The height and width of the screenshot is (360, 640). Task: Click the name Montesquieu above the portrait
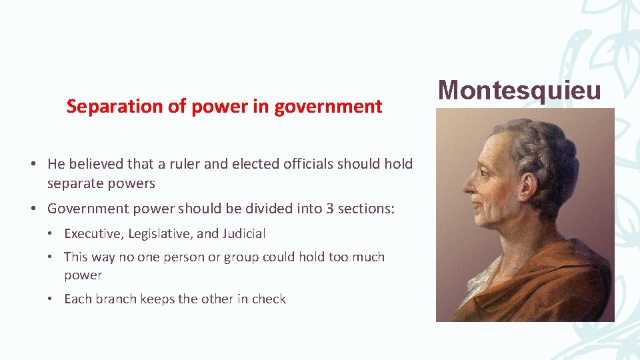pos(519,90)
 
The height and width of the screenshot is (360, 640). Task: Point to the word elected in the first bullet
pos(253,164)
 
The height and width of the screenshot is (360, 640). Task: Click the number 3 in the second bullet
pos(329,209)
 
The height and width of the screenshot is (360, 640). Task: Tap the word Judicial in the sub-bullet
pos(243,234)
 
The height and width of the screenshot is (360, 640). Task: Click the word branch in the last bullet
pos(113,299)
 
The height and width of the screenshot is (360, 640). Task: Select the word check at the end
pos(269,299)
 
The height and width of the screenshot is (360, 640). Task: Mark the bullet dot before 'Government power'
pos(33,209)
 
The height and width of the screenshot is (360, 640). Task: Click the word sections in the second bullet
pos(366,209)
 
